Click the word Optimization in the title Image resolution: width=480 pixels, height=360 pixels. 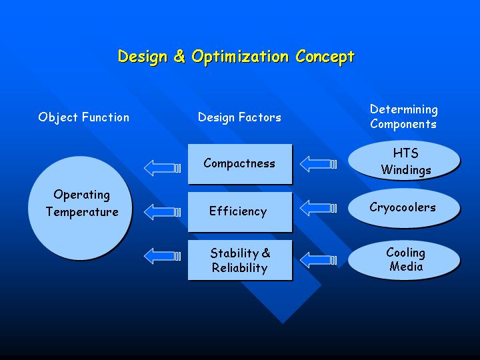(240, 57)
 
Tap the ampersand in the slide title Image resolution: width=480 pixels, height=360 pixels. (179, 56)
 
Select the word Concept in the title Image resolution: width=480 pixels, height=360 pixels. (325, 57)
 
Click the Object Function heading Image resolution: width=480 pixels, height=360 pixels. (83, 117)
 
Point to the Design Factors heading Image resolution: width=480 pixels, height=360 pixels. (239, 117)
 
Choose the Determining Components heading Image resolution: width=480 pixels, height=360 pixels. (403, 117)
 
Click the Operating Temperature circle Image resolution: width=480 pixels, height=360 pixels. (80, 208)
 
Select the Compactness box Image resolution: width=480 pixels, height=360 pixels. (240, 164)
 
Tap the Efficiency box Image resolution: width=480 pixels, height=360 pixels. (240, 212)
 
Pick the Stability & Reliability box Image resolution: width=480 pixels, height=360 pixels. (240, 260)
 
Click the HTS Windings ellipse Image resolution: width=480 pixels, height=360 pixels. (404, 161)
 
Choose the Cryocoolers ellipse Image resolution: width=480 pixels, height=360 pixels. (404, 208)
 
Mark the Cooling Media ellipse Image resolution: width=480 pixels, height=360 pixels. (404, 260)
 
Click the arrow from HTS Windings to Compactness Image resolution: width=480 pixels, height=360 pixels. (319, 164)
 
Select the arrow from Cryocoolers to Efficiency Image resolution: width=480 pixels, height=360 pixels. (319, 208)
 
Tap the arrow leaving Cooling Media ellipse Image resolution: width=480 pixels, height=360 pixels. (319, 260)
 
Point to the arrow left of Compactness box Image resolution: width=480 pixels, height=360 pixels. (162, 168)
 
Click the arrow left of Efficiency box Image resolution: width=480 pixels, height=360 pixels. (162, 212)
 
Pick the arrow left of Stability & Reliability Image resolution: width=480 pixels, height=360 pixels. (162, 256)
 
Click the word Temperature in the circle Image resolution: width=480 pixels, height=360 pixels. (82, 212)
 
